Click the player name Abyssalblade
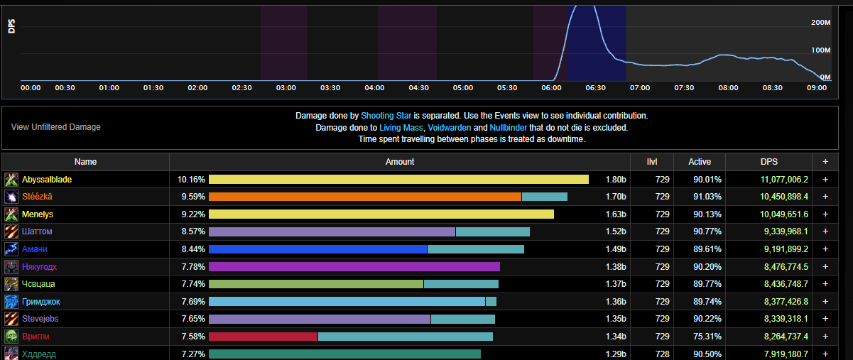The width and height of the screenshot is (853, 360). (47, 180)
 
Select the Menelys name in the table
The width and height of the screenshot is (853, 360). (38, 214)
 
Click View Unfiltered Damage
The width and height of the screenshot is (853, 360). (56, 127)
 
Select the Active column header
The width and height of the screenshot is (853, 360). (700, 162)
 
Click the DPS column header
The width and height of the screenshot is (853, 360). (779, 162)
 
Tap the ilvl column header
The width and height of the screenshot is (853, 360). (652, 162)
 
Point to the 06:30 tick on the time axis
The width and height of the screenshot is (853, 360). (595, 88)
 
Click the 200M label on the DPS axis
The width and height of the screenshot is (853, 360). (820, 23)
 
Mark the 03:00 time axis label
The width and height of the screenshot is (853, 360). (286, 88)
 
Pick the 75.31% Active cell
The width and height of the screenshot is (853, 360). (707, 337)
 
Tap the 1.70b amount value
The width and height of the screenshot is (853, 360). (616, 197)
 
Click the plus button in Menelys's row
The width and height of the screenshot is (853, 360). (825, 214)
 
